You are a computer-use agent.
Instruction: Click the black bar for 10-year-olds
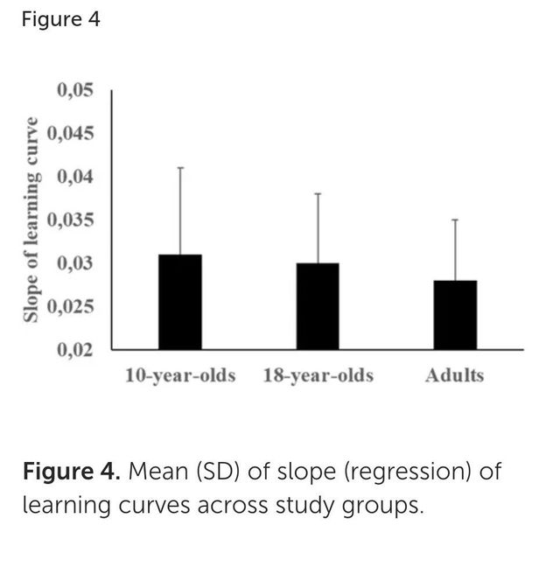point(180,302)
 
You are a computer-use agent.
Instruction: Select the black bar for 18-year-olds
point(318,306)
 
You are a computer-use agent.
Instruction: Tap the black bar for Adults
point(455,315)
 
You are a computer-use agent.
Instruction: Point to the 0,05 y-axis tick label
point(75,91)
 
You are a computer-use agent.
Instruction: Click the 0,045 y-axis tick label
point(72,134)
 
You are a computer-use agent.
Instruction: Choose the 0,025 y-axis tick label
point(72,307)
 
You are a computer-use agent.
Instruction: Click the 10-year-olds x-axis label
point(180,376)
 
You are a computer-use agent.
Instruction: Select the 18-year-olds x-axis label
point(318,376)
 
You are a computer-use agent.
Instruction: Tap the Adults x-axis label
point(454,376)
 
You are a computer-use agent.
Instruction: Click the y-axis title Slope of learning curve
point(31,219)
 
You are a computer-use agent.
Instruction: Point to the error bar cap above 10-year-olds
point(180,167)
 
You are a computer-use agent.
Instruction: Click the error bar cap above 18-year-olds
point(318,193)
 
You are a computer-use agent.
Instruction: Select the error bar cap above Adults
point(455,220)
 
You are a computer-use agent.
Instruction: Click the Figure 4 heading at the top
point(60,20)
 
